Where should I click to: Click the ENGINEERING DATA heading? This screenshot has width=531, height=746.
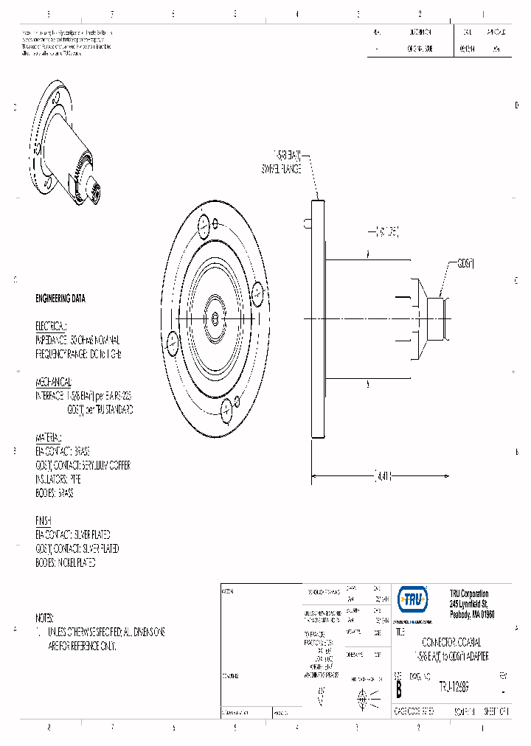click(60, 299)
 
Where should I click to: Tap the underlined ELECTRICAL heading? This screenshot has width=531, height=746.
click(51, 326)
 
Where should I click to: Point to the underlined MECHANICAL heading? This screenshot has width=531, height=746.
click(54, 382)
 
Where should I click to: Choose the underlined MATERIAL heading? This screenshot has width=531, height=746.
click(49, 437)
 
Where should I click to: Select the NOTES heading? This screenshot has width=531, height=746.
click(45, 618)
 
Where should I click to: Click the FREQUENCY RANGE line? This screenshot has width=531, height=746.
click(78, 354)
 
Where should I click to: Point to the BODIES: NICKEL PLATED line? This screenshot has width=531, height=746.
click(66, 562)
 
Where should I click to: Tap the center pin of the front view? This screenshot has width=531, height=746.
click(213, 318)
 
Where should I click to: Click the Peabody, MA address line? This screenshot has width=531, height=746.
click(471, 614)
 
